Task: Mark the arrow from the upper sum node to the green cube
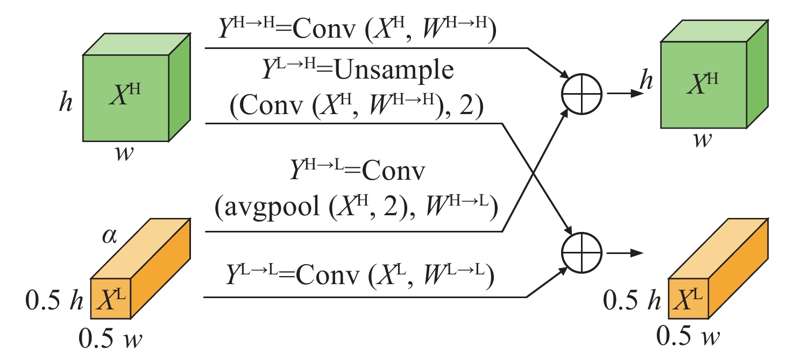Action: (x=627, y=93)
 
